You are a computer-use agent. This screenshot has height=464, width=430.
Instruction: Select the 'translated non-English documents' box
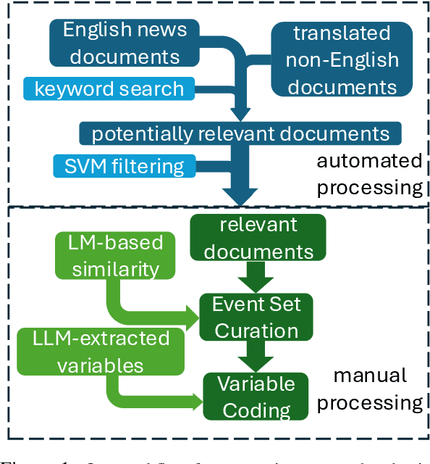[341, 59]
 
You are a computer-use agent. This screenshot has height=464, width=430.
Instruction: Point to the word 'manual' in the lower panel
[370, 376]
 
